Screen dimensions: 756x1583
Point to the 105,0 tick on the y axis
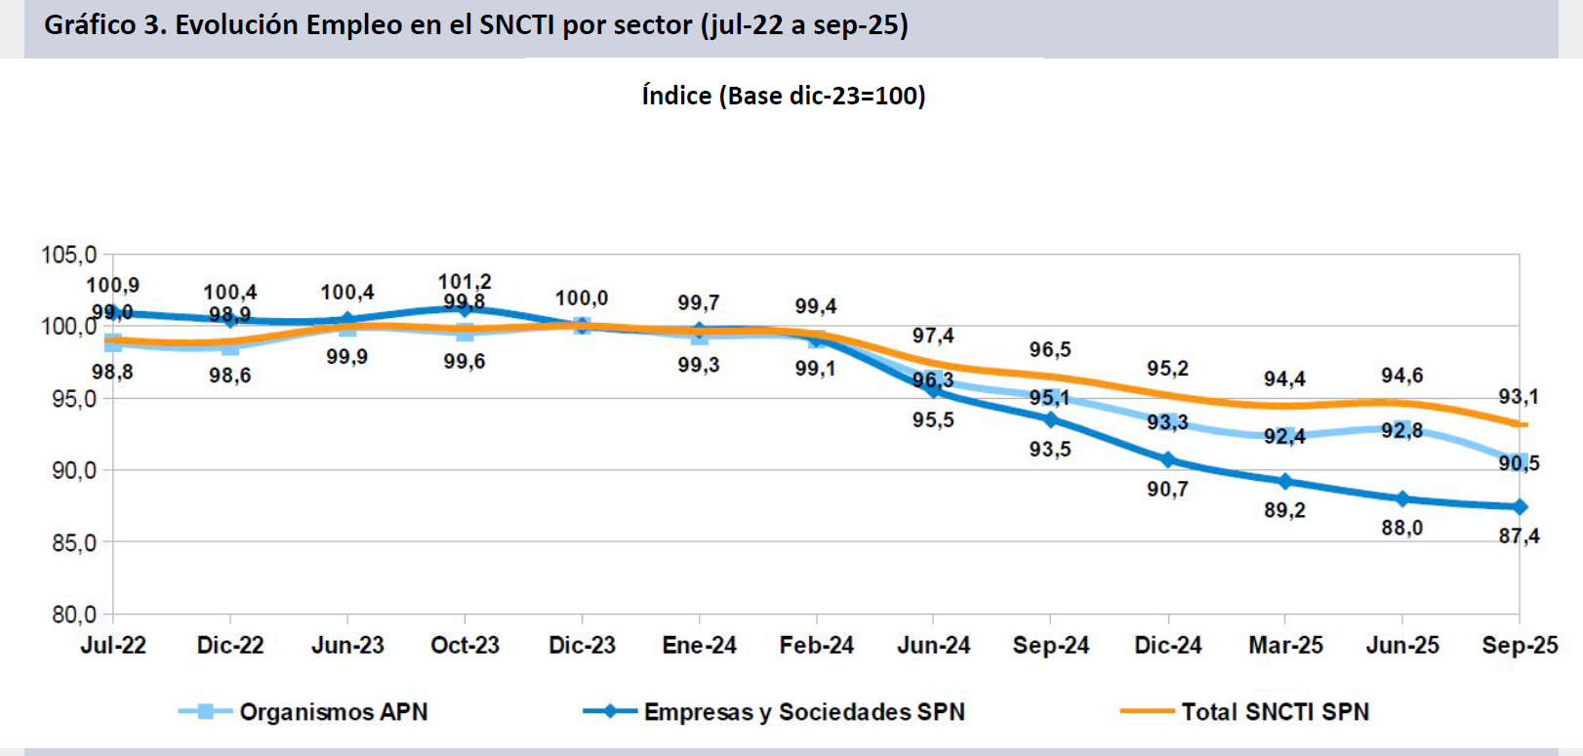tap(68, 255)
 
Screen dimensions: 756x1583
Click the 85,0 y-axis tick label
tap(74, 542)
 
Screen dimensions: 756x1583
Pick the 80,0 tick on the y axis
tap(74, 615)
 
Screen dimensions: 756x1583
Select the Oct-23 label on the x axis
tap(465, 645)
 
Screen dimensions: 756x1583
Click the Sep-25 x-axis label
tap(1520, 645)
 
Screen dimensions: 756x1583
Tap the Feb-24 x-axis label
tap(816, 645)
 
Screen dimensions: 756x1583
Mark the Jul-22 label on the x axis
tap(113, 645)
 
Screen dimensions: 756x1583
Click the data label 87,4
tap(1519, 536)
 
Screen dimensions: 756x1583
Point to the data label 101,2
tap(465, 281)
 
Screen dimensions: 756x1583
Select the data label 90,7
tap(1167, 489)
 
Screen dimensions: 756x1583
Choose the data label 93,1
tap(1519, 396)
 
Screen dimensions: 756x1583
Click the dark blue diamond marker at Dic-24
tap(1168, 459)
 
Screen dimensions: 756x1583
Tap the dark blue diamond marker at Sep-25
tap(1520, 506)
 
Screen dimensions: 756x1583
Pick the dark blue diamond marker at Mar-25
tap(1285, 481)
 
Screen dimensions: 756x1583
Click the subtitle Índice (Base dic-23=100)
tap(784, 96)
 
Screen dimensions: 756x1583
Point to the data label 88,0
tap(1401, 528)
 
